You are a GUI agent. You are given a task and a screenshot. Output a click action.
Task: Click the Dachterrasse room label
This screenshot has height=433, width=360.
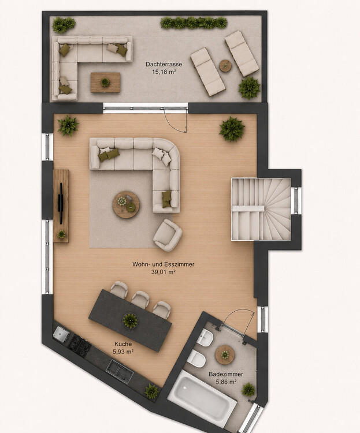(x=164, y=64)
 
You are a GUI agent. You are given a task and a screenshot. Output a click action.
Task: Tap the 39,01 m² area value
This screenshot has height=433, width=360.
(x=164, y=272)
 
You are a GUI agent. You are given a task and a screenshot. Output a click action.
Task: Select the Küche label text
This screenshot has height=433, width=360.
(x=123, y=344)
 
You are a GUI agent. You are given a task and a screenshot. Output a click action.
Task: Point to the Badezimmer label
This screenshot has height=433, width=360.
(x=226, y=375)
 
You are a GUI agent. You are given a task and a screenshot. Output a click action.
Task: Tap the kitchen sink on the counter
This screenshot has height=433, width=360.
(x=120, y=371)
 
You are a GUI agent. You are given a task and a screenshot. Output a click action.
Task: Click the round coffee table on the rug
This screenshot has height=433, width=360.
(x=126, y=204)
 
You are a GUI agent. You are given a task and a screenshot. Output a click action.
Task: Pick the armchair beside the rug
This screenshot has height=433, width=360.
(x=168, y=235)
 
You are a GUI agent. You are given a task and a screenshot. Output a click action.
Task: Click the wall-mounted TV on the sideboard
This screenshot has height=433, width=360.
(x=61, y=197)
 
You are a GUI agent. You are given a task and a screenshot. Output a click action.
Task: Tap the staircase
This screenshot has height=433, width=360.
(x=261, y=210)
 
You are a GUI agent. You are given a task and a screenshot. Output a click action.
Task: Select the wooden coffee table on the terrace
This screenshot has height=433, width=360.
(x=105, y=83)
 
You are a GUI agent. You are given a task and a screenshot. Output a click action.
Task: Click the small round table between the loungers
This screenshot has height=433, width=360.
(x=225, y=66)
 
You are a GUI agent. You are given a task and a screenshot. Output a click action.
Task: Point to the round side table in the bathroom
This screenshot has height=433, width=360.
(x=225, y=354)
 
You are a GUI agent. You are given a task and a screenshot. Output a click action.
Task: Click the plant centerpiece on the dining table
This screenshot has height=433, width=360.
(x=130, y=320)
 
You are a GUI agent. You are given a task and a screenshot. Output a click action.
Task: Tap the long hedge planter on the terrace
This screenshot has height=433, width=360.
(x=194, y=23)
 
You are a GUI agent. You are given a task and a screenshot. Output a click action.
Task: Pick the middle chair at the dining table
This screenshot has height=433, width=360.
(x=140, y=299)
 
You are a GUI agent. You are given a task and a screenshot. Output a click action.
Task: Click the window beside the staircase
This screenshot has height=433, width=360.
(x=296, y=200)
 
